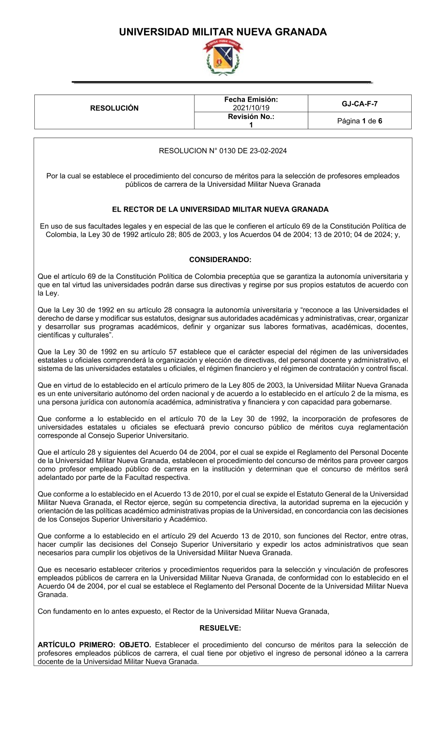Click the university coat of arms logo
[x=223, y=57]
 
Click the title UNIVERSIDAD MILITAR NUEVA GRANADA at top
[x=223, y=32]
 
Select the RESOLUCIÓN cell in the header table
[x=114, y=108]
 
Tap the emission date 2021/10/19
[x=251, y=108]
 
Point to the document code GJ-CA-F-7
[x=359, y=104]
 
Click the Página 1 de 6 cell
[x=359, y=121]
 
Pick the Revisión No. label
[x=251, y=117]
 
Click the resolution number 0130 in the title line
[x=227, y=151]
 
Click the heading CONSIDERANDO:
[x=220, y=259]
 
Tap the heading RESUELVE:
[x=220, y=628]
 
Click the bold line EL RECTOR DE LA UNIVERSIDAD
[x=220, y=209]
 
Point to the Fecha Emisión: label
[x=251, y=99]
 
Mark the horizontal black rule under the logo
[x=222, y=82]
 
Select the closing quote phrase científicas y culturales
[x=74, y=335]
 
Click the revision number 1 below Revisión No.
[x=251, y=125]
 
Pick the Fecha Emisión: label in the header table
[x=251, y=99]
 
